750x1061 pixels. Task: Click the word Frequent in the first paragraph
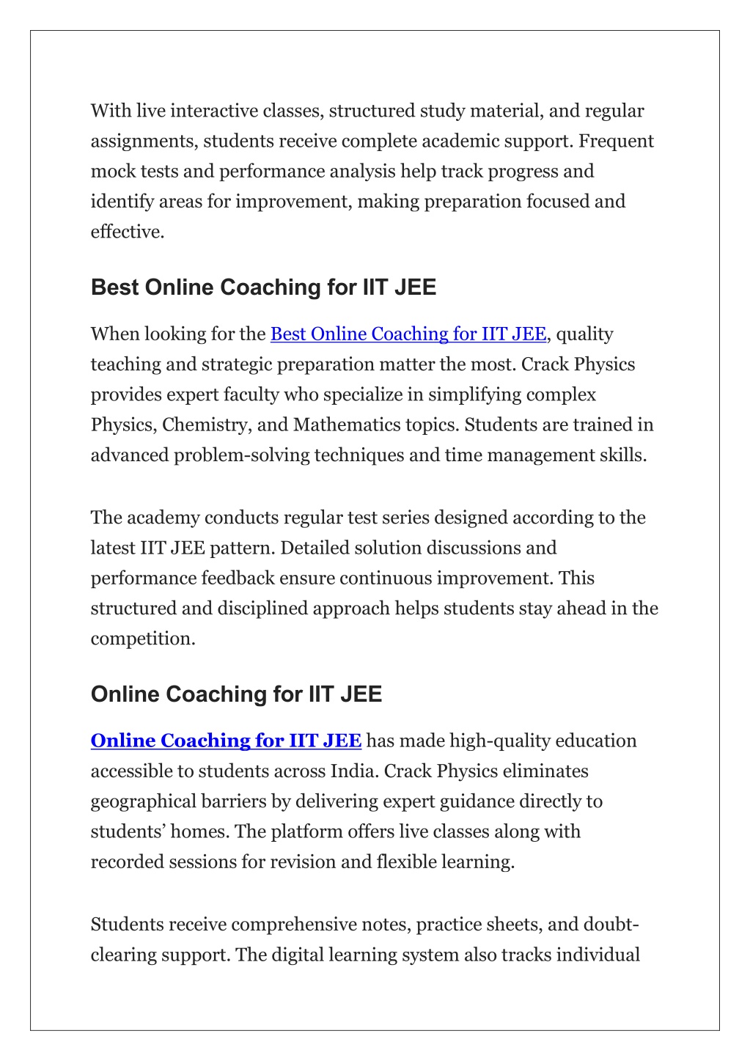point(616,142)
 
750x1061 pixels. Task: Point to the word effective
point(126,232)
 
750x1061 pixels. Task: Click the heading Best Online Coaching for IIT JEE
point(263,287)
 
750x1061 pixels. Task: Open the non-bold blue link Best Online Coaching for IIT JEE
point(408,334)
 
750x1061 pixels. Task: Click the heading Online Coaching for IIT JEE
point(236,694)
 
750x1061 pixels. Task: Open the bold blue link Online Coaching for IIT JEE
point(226,741)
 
